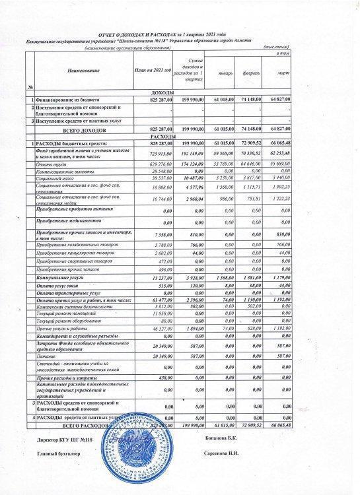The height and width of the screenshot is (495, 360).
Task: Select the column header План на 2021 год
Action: pyautogui.click(x=153, y=69)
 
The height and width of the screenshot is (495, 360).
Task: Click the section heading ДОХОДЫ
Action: pyautogui.click(x=162, y=92)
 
